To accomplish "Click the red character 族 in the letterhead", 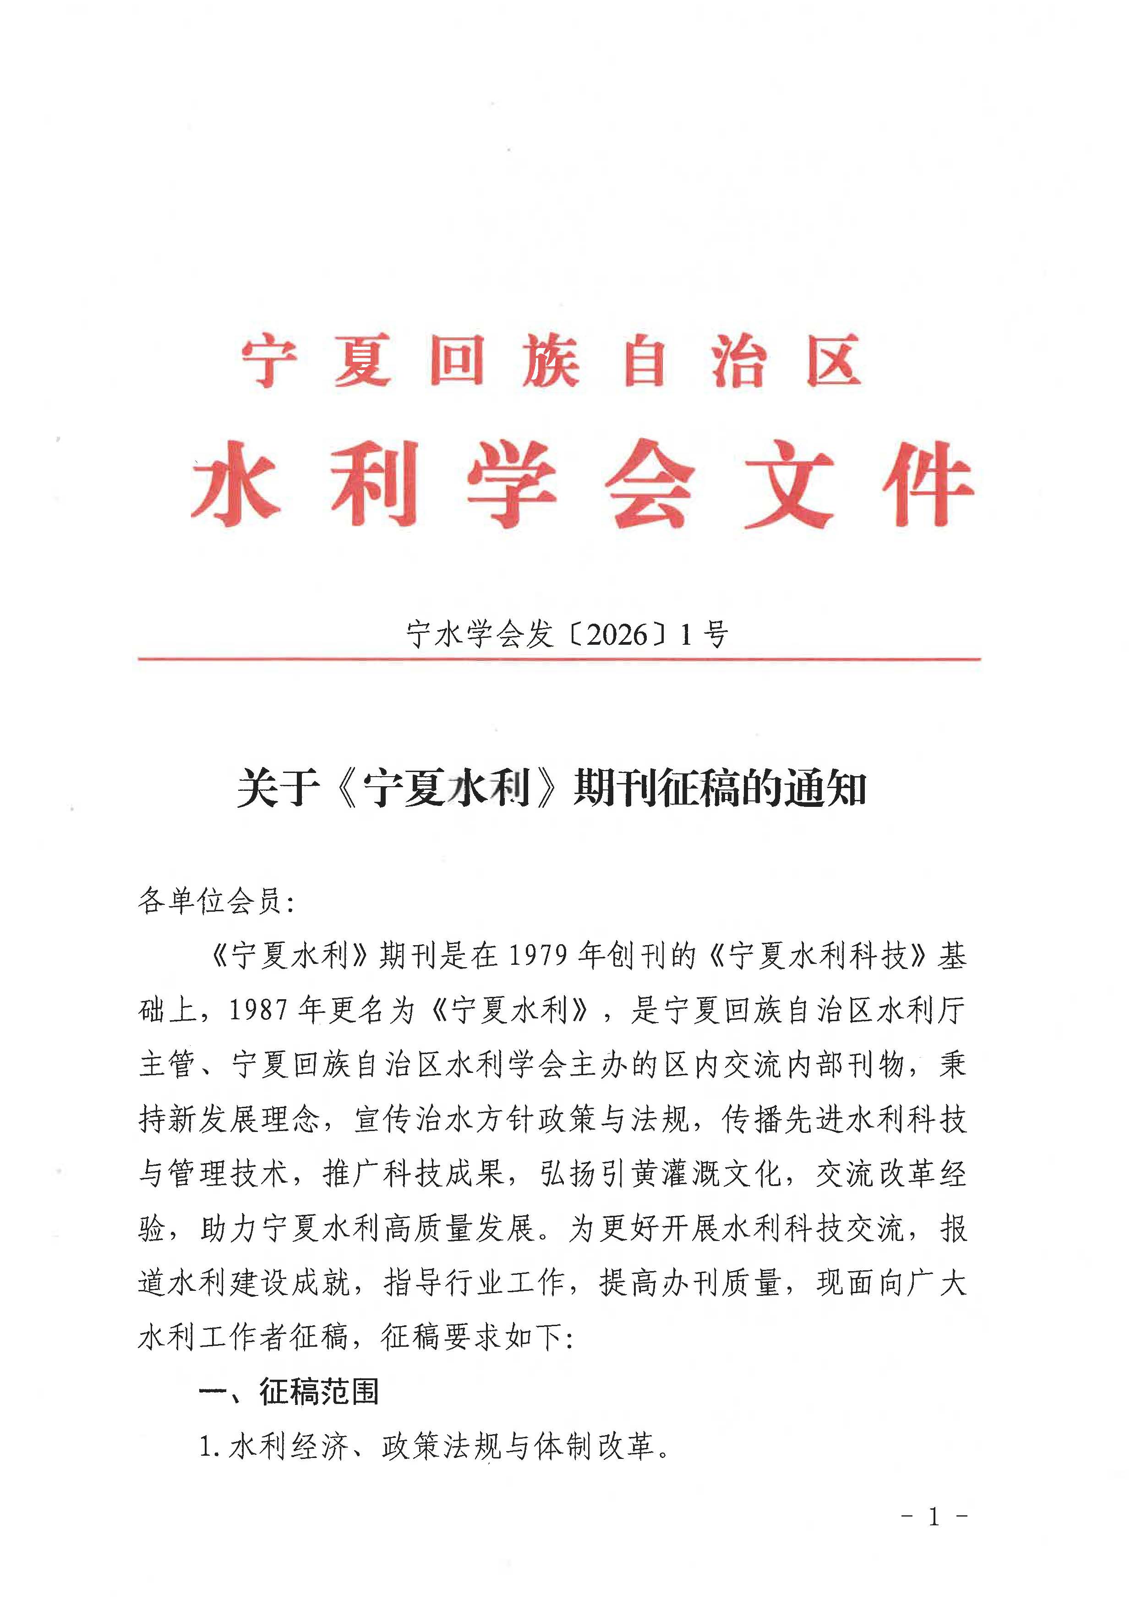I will click(551, 360).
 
